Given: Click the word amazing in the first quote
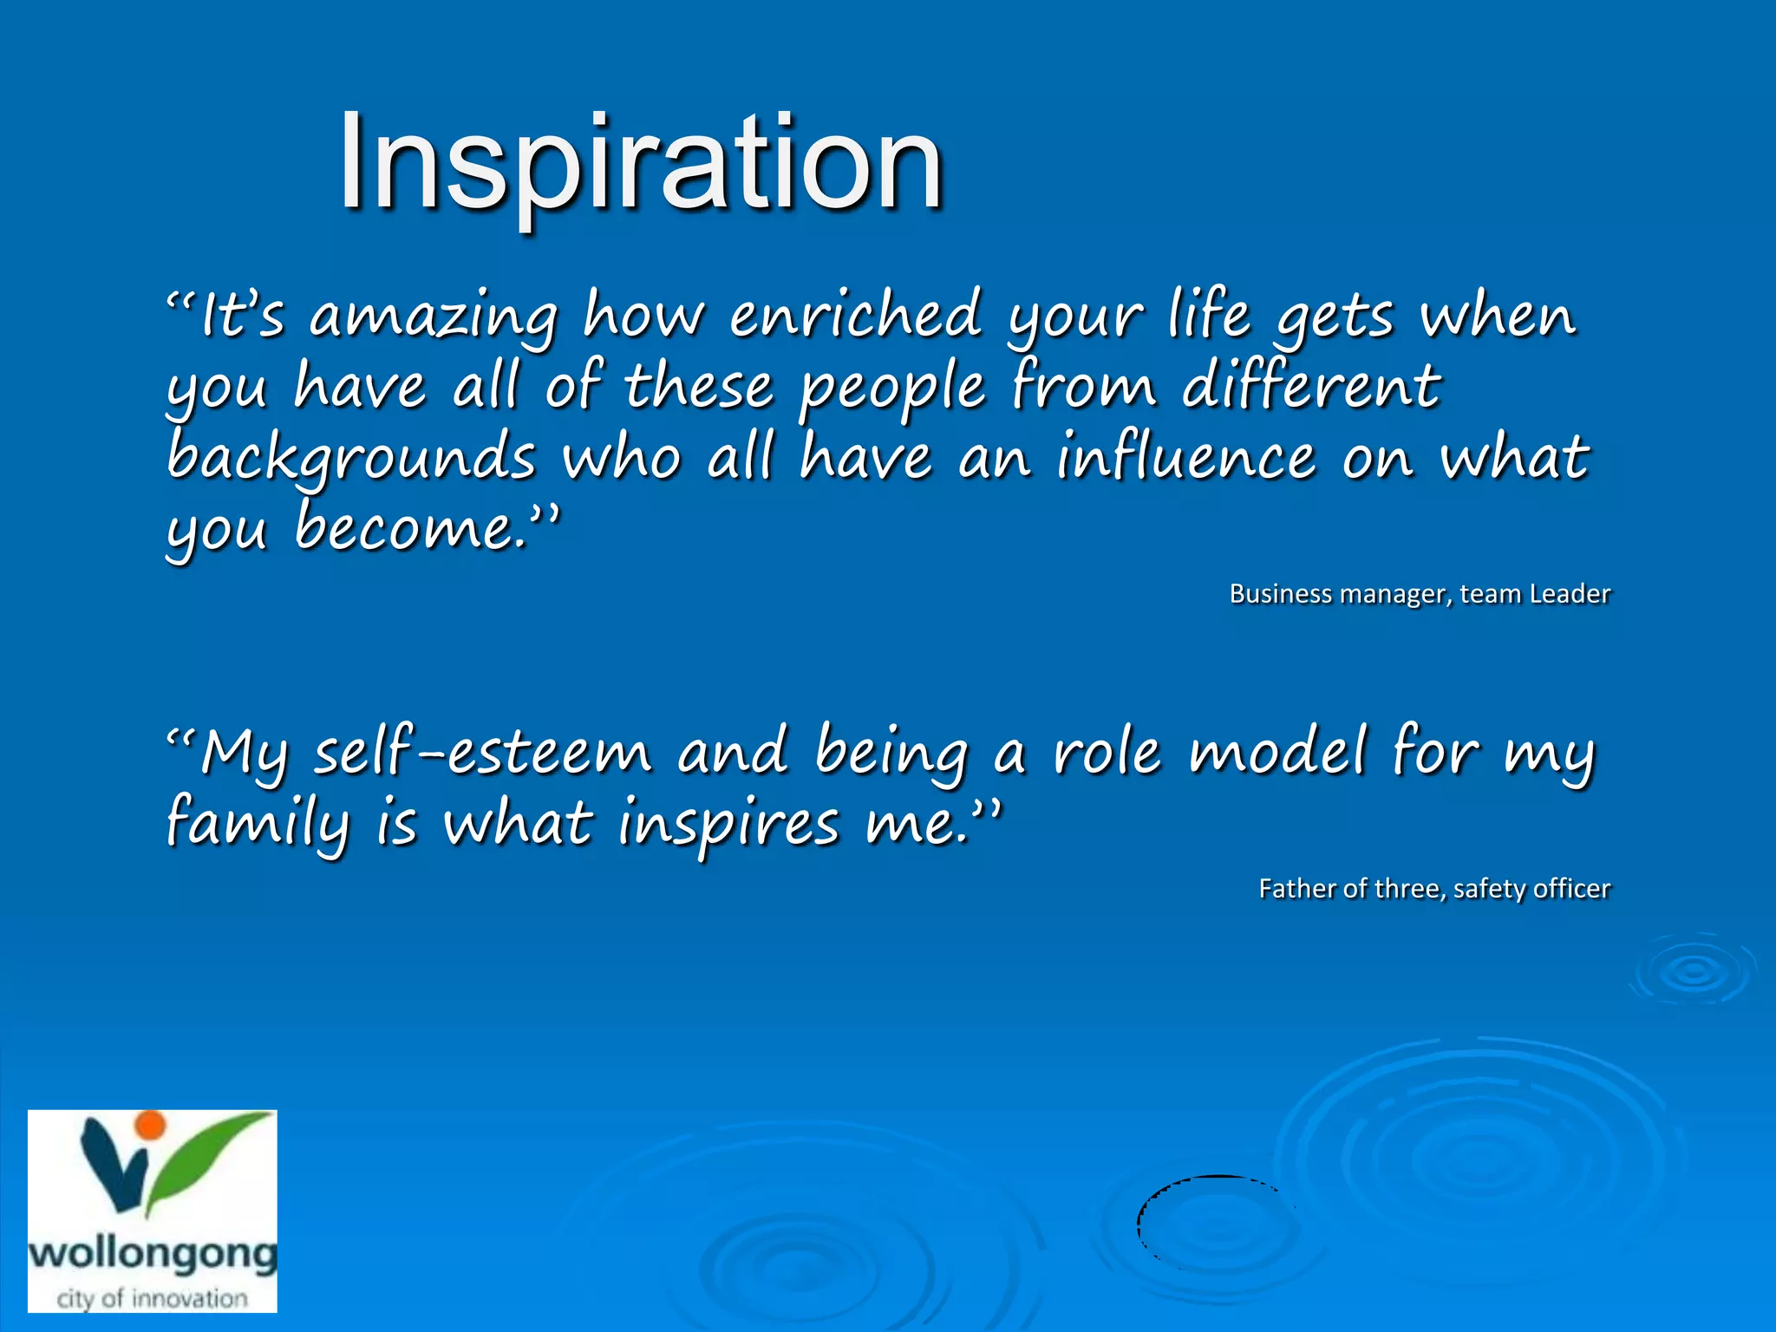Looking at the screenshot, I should [x=434, y=316].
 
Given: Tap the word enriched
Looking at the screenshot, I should [x=855, y=314].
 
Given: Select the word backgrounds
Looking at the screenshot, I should [x=351, y=458].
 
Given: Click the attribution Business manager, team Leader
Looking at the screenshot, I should [x=1420, y=594].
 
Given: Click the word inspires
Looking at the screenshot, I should [x=728, y=824].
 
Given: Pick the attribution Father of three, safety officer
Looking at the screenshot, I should [x=1433, y=889].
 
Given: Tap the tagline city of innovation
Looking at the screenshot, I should [x=153, y=1298].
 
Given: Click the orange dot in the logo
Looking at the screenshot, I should [x=151, y=1124].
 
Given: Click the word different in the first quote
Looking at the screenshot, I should [x=1311, y=387].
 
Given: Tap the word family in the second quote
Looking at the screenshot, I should [x=258, y=824].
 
